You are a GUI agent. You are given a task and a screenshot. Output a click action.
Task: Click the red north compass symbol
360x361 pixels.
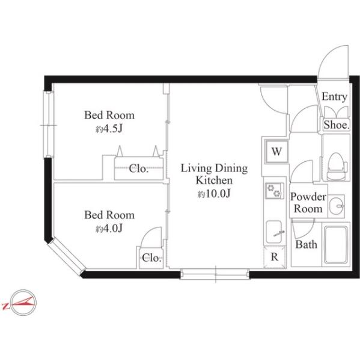(20, 302)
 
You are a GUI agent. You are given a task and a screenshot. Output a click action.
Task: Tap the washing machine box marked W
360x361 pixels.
(276, 152)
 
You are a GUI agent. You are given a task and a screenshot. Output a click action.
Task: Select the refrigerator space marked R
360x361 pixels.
(275, 257)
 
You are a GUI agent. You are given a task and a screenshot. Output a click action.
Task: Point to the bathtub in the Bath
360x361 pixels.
(335, 244)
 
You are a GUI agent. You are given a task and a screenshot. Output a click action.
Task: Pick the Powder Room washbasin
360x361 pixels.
(336, 206)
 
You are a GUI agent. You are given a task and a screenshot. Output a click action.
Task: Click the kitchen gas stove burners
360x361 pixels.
(274, 190)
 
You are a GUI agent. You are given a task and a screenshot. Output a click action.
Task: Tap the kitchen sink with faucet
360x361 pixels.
(275, 232)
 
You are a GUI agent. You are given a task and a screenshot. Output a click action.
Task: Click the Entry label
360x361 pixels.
(334, 97)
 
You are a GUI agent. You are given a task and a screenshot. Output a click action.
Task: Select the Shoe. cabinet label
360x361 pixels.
(337, 125)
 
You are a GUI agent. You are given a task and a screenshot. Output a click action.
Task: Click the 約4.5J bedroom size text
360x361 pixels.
(109, 129)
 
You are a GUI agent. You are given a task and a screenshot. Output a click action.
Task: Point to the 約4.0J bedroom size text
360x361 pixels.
(109, 229)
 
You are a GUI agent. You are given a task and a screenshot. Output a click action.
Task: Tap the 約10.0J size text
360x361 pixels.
(214, 194)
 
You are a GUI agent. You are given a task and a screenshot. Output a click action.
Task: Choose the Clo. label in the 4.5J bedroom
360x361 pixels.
(138, 168)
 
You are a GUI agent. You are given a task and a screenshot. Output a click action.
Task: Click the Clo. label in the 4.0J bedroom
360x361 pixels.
(151, 258)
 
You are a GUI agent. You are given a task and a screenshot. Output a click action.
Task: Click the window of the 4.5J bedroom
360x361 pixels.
(49, 125)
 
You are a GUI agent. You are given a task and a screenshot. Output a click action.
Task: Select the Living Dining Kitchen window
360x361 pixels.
(215, 274)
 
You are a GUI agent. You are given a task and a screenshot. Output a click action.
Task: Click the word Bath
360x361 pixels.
(306, 244)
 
